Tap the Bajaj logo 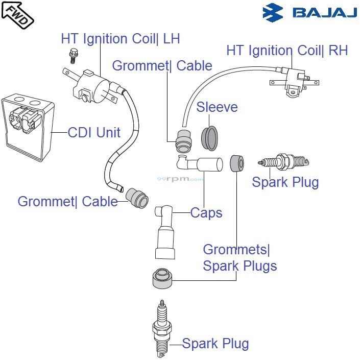pyautogui.click(x=309, y=12)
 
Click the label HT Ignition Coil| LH pyautogui.click(x=120, y=39)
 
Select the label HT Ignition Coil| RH pyautogui.click(x=287, y=51)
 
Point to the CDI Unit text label pyautogui.click(x=94, y=133)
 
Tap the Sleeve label pyautogui.click(x=217, y=107)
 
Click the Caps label pyautogui.click(x=206, y=212)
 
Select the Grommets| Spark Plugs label pyautogui.click(x=239, y=258)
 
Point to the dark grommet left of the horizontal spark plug pyautogui.click(x=236, y=163)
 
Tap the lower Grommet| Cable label pyautogui.click(x=67, y=201)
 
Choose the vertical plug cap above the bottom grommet pyautogui.click(x=164, y=232)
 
